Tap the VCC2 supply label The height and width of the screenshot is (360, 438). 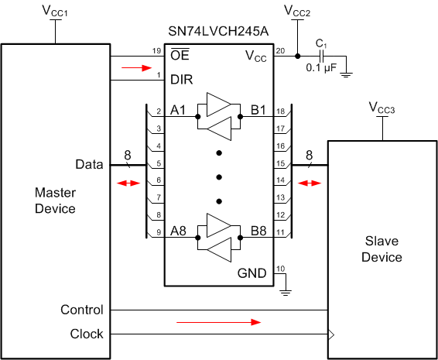[297, 12]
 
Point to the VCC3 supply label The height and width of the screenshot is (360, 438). [382, 108]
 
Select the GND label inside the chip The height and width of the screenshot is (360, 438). [252, 273]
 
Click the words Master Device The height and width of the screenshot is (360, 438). [55, 199]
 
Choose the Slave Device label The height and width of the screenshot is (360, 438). [382, 248]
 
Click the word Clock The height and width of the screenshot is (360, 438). [87, 334]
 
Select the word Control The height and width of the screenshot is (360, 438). [82, 310]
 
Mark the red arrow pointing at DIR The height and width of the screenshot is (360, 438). [132, 67]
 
